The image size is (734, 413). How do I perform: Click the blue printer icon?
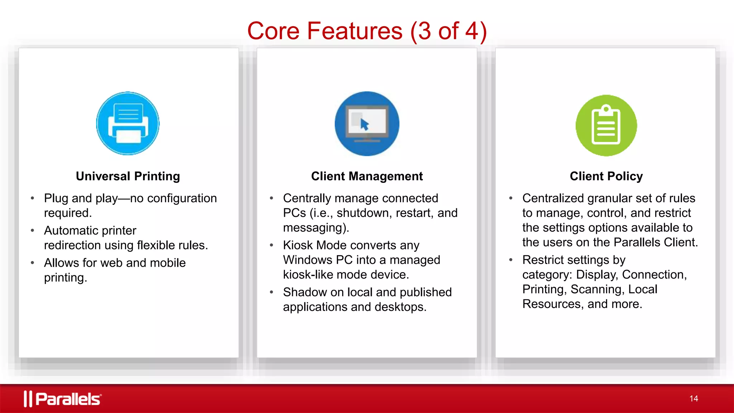pyautogui.click(x=128, y=123)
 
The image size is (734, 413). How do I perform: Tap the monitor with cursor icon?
pyautogui.click(x=367, y=124)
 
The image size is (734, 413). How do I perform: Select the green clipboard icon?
pyautogui.click(x=606, y=125)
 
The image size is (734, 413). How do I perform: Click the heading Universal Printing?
pyautogui.click(x=128, y=176)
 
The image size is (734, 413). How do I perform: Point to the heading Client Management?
pyautogui.click(x=367, y=176)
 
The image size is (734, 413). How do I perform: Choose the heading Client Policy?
pyautogui.click(x=606, y=176)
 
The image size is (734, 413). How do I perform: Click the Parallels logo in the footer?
pyautogui.click(x=63, y=399)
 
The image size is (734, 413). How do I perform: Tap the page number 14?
pyautogui.click(x=694, y=399)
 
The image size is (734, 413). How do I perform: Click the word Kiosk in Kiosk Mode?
pyautogui.click(x=298, y=245)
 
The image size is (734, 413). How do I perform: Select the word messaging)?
pyautogui.click(x=316, y=228)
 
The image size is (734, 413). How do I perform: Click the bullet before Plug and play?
pyautogui.click(x=33, y=198)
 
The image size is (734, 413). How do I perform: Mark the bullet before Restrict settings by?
pyautogui.click(x=511, y=260)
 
